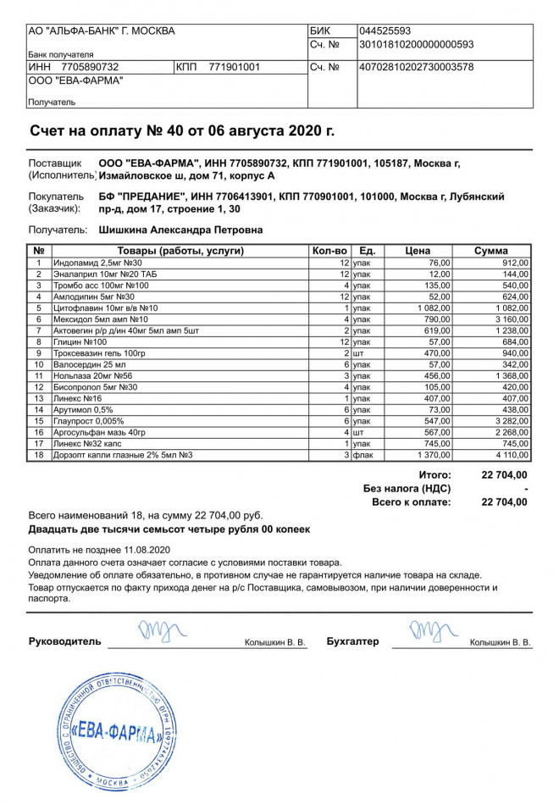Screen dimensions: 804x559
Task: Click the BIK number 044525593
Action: pos(385,31)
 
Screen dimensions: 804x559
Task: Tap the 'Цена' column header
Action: pos(418,251)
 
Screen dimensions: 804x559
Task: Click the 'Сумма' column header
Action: pos(491,251)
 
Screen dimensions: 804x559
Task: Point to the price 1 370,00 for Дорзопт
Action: pos(433,455)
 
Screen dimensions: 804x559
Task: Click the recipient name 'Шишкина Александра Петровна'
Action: pos(180,230)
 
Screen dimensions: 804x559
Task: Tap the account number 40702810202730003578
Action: pos(416,66)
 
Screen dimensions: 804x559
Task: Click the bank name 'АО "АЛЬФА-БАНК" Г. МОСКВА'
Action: pos(102,31)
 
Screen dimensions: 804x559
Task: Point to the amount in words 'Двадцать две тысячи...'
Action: pos(169,529)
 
